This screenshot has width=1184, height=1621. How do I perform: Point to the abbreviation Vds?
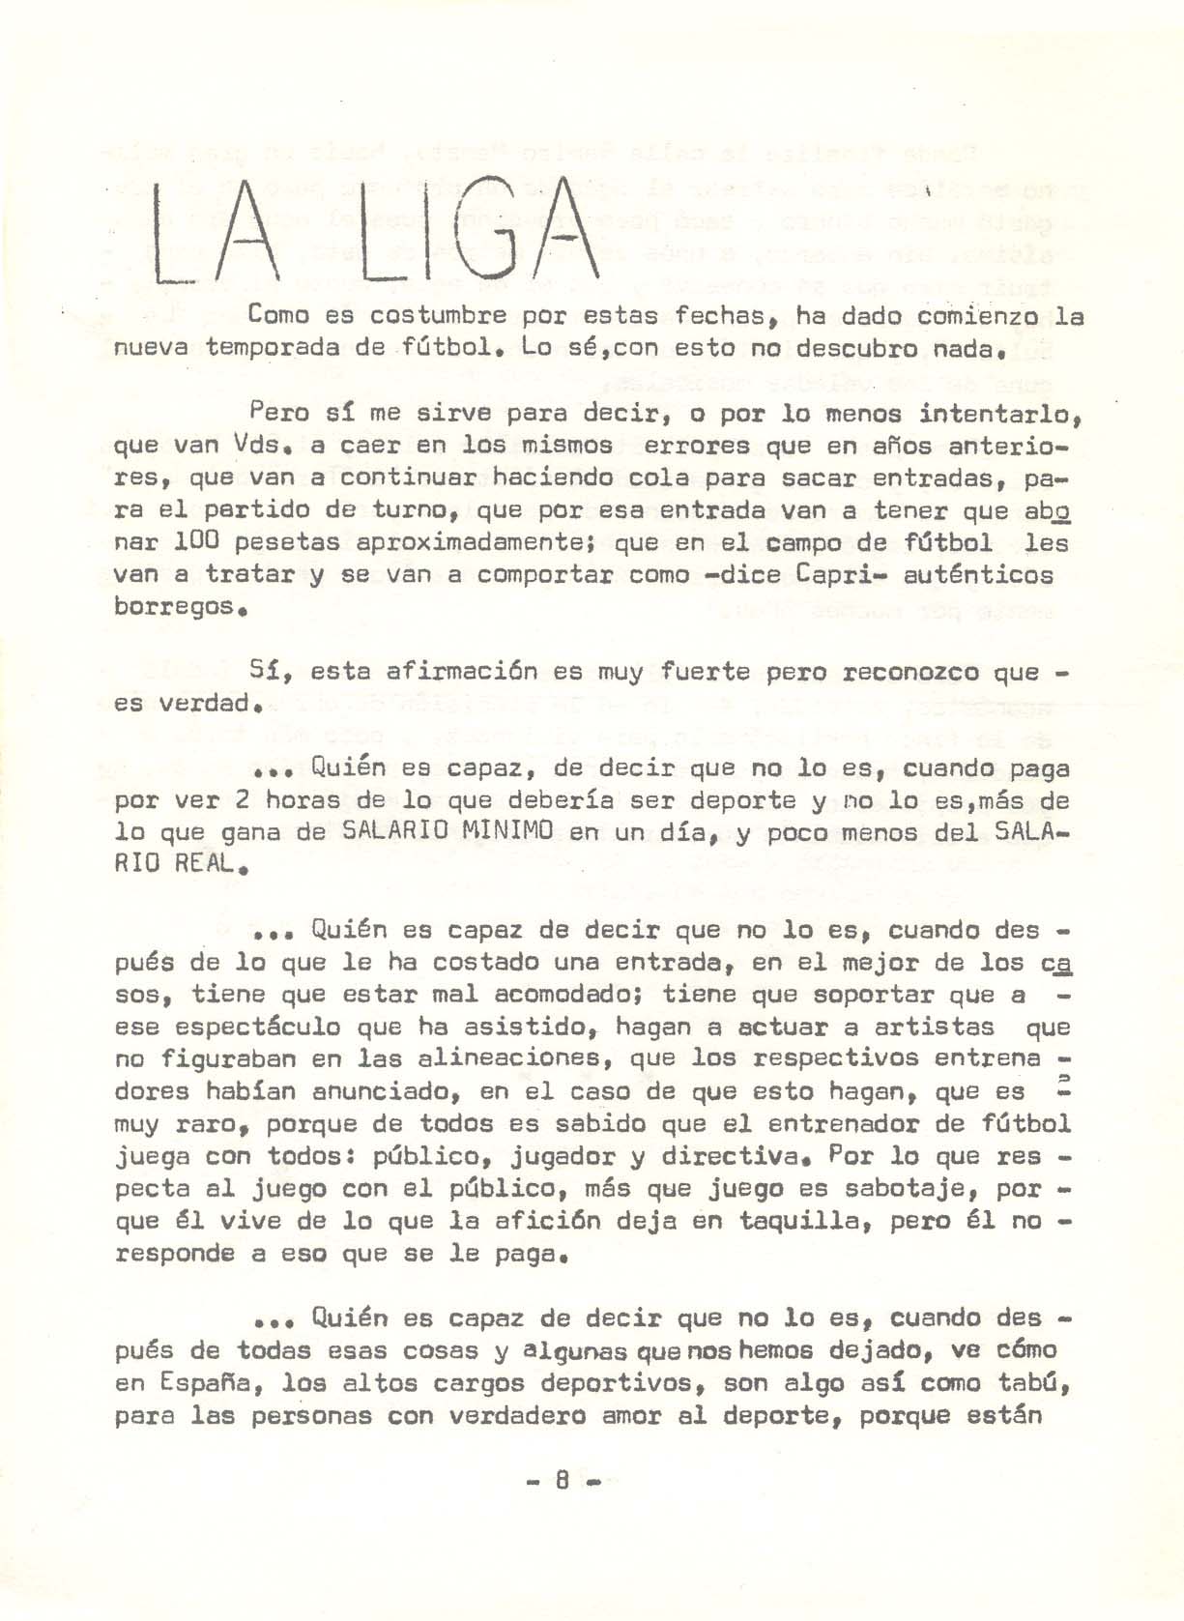[264, 447]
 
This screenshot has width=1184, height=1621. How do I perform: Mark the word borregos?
[173, 608]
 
